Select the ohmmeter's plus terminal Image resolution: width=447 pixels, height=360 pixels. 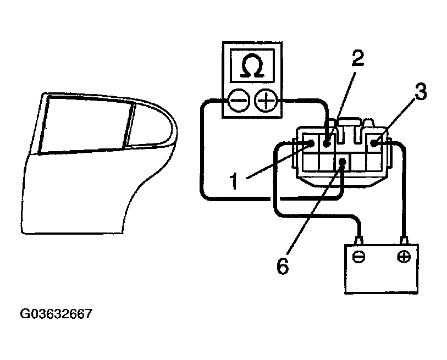tap(268, 101)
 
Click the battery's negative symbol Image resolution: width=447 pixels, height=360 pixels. tap(359, 257)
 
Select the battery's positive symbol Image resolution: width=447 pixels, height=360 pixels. tap(404, 257)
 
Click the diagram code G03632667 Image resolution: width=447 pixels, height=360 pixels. tap(56, 314)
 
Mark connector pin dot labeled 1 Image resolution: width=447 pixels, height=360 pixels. tap(311, 144)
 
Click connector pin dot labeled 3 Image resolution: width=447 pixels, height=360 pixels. tap(374, 144)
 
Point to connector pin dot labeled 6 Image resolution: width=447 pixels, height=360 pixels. tap(343, 163)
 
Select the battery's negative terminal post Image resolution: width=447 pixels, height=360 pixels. tap(360, 240)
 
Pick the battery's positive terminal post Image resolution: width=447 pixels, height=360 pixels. tap(405, 240)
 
